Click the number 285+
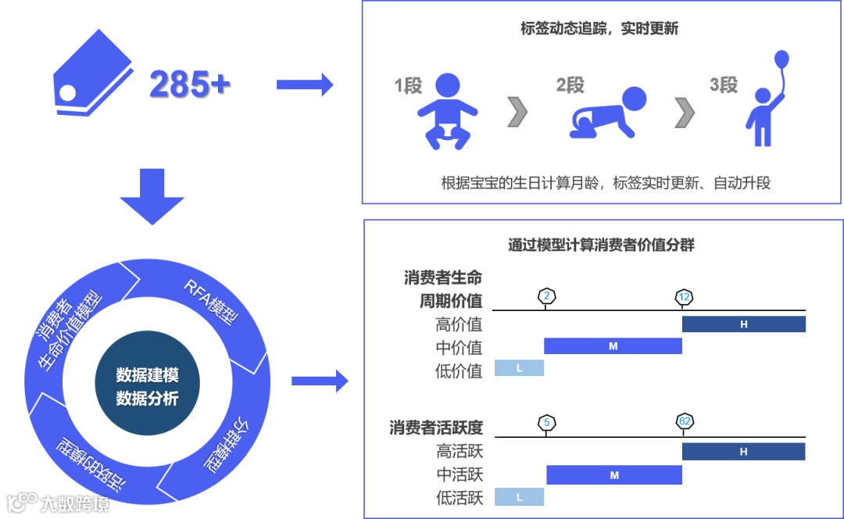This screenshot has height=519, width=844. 189,84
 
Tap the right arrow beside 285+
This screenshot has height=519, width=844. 305,84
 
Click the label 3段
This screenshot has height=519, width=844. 724,85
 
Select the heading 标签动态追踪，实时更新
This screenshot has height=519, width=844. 599,30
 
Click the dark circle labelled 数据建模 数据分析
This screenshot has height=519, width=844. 147,386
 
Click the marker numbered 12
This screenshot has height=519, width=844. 684,297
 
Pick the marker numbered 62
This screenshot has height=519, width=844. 685,422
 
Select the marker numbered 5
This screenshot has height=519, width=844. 546,423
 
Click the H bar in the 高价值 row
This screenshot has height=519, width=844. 743,324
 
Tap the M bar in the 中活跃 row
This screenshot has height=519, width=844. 613,474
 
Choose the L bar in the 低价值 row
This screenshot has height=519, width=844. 518,367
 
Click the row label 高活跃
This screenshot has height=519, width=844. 460,451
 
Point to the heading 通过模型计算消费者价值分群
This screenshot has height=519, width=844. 601,245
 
